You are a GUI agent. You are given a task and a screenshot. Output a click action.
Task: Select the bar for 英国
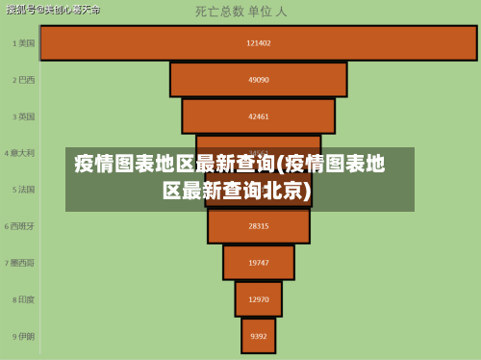pos(258,116)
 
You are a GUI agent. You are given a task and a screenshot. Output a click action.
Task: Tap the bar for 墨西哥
pos(258,262)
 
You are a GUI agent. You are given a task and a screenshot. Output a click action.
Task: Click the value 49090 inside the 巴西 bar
pos(258,80)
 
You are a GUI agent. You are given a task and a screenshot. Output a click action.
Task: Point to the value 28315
pos(258,226)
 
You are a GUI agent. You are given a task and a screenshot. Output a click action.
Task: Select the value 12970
pos(258,299)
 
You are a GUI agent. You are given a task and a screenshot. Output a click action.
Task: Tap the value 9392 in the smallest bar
pos(258,336)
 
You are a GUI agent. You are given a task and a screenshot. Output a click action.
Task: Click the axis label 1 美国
pos(23,43)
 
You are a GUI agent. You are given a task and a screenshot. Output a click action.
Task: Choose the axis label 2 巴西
pos(23,80)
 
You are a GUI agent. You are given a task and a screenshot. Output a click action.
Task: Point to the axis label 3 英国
pos(23,116)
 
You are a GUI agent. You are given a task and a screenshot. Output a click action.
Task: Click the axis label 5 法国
pos(23,190)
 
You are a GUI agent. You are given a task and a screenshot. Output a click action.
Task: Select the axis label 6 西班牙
pos(21,226)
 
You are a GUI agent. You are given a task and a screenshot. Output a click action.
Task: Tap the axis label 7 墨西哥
pos(21,262)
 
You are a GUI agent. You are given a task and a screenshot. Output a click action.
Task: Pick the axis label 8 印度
pos(23,299)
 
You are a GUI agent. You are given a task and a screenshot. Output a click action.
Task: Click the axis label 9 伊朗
pos(23,336)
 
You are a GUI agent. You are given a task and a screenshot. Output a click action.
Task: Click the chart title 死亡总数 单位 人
pos(240,13)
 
